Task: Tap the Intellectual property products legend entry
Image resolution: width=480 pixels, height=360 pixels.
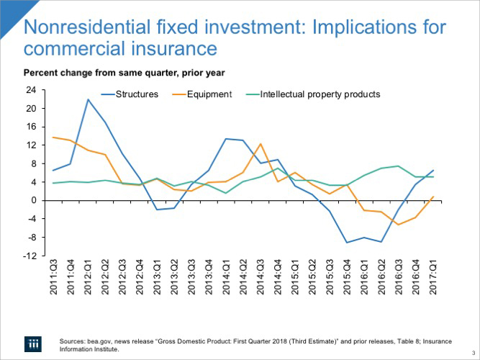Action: tap(320, 94)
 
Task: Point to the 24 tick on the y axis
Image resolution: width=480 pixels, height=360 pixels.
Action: tap(30, 90)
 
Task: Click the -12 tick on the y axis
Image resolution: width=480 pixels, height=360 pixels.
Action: tap(29, 256)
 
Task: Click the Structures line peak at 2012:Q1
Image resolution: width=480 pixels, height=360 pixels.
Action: tap(89, 99)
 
